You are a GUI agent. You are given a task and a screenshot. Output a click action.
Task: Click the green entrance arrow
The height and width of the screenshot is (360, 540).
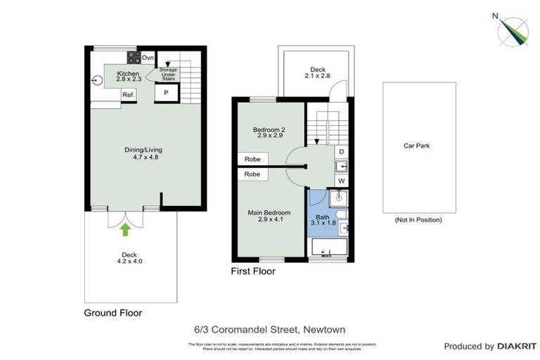[126, 229]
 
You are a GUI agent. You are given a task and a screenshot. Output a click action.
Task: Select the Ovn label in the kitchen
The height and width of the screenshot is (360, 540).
[148, 58]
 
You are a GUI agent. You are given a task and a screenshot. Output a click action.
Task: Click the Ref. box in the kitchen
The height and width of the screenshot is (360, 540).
[129, 95]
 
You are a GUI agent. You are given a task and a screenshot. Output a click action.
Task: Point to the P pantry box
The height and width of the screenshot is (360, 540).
[167, 92]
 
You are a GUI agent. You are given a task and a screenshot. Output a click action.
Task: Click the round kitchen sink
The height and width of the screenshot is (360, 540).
[96, 80]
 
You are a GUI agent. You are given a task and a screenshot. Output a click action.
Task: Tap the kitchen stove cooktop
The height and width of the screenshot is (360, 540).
[132, 57]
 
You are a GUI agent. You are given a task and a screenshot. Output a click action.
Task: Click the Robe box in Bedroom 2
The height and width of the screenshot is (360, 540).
[252, 160]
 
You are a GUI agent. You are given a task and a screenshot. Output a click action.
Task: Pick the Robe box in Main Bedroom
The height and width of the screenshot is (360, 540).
[252, 174]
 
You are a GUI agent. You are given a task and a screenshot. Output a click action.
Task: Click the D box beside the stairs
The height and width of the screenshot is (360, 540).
[341, 151]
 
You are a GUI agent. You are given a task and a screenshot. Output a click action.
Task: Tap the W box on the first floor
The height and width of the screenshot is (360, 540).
[341, 181]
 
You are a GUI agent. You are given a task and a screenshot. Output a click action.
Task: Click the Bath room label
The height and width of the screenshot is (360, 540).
[323, 220]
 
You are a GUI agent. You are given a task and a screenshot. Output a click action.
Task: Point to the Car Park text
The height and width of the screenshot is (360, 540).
[416, 146]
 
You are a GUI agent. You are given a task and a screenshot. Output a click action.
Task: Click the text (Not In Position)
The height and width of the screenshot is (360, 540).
[418, 220]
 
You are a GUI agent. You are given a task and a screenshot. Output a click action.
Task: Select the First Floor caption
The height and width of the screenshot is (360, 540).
[253, 271]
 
